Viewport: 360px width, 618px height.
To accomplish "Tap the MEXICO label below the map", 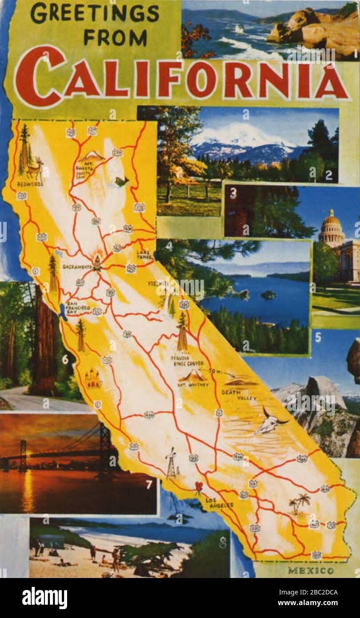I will click(310, 570).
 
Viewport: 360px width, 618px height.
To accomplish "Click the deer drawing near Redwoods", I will click(36, 169).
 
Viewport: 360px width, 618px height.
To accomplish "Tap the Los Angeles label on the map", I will click(219, 503).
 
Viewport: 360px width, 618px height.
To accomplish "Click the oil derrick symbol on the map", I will click(171, 463).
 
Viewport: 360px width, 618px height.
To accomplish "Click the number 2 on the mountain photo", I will click(328, 176).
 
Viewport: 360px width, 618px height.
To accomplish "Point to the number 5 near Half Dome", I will click(318, 337).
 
